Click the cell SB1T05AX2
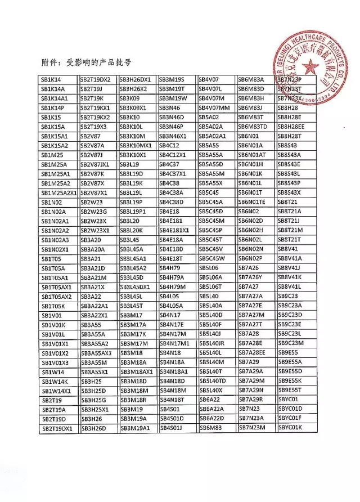[x=56, y=296]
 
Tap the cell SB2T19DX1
[x=57, y=428]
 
